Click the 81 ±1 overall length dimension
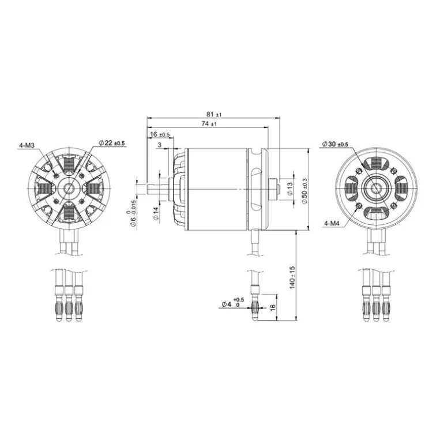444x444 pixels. coord(214,114)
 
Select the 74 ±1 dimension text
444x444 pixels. coord(209,124)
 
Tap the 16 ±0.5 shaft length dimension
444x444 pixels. coord(160,134)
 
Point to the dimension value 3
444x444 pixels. coord(159,145)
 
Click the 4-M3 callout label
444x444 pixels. coord(27,145)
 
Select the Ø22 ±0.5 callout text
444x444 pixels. coord(111,143)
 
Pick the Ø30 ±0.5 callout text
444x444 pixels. coord(335,144)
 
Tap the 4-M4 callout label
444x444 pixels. coord(332,223)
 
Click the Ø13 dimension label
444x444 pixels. coord(289,189)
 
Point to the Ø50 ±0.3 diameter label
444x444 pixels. coord(304,191)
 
